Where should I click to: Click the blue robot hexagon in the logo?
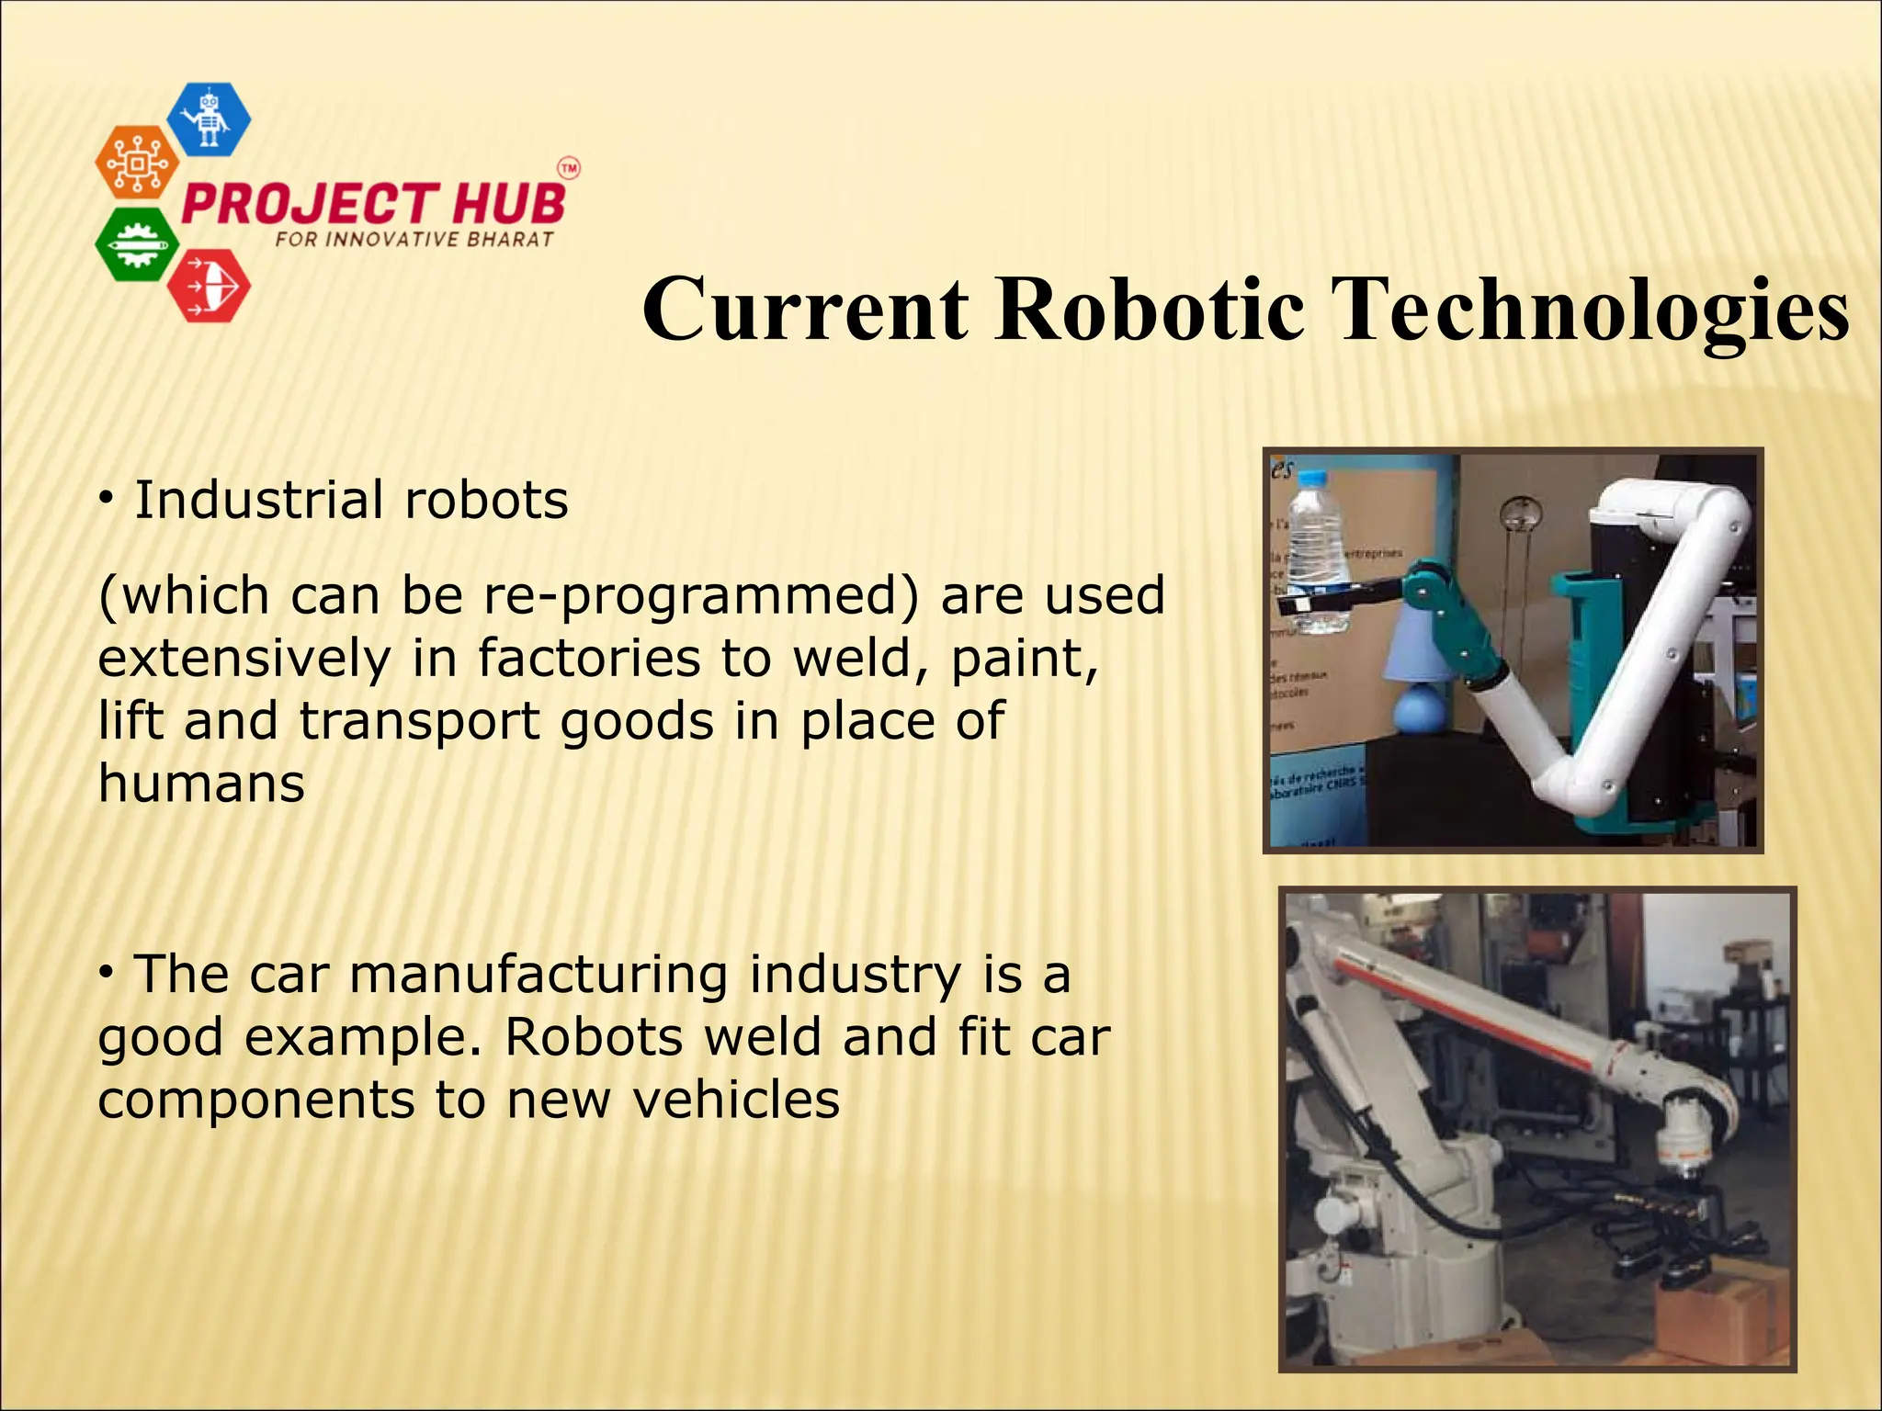(210, 119)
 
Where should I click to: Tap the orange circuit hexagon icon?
(137, 163)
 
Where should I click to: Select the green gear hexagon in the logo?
(137, 244)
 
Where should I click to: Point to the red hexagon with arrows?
(209, 285)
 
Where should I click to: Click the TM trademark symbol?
(569, 169)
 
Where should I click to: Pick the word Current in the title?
(806, 309)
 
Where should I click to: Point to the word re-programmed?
(702, 595)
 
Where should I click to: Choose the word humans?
(201, 785)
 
